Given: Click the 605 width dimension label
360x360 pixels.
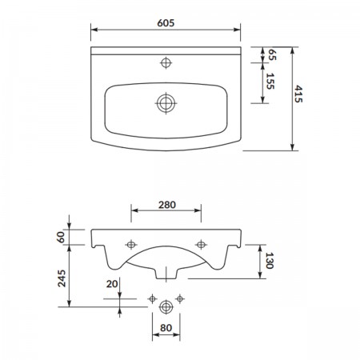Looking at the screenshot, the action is coord(166,23).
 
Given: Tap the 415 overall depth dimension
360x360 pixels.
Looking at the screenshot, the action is coord(298,94).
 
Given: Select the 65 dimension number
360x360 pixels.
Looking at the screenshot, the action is coord(272,54).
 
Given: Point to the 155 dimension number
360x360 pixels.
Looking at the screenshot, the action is coord(270,81).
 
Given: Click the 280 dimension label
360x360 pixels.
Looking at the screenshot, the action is coord(167,205).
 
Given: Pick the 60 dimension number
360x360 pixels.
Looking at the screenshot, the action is coord(61,237).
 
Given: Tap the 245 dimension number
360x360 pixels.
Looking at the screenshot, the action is coord(62,278).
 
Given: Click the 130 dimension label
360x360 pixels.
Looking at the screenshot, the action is coord(270,261).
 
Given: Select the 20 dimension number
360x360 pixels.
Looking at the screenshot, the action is coord(112,284).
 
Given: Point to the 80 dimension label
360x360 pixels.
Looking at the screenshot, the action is coord(166,328).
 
